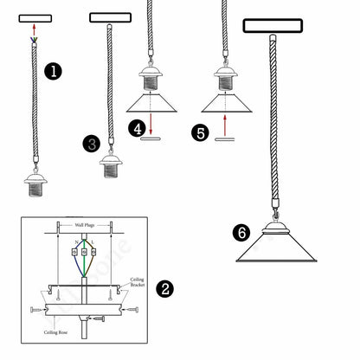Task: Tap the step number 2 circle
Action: [x=163, y=288]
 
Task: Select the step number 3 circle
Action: [x=92, y=143]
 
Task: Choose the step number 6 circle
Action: [x=242, y=232]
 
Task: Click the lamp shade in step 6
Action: [x=276, y=249]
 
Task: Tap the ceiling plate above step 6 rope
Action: [x=274, y=26]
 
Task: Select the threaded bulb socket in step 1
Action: [x=35, y=183]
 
